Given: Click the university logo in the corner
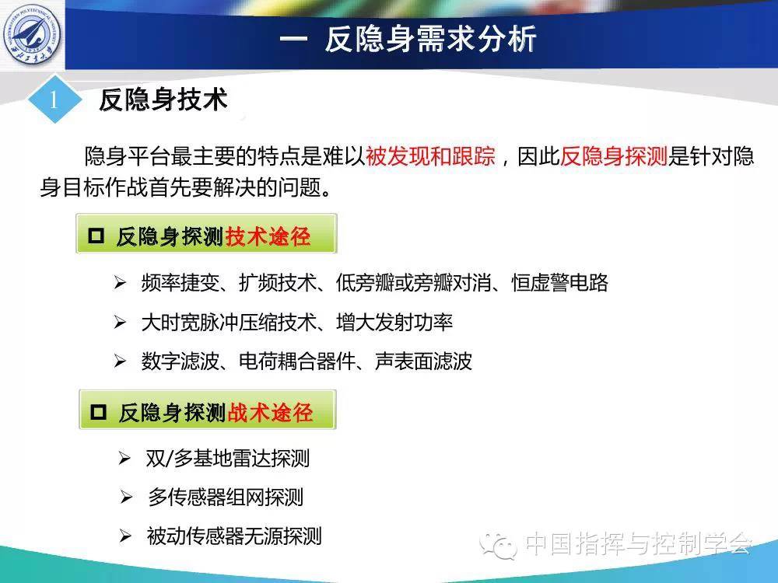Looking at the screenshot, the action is click(32, 34).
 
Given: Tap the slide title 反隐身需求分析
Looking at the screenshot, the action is click(431, 39).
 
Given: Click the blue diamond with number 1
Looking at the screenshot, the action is click(54, 99).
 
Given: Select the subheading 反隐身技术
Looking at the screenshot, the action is click(163, 99).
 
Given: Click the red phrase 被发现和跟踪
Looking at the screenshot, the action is click(430, 156).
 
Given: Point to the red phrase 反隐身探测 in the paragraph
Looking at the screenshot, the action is click(614, 156).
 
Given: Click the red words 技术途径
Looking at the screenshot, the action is click(268, 236).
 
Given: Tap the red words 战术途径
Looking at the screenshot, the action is click(271, 413).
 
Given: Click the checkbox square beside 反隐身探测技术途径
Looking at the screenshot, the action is click(96, 236).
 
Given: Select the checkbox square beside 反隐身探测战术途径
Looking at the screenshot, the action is click(98, 411).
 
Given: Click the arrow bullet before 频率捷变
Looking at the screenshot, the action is click(120, 283).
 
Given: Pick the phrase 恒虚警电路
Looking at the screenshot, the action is click(559, 283).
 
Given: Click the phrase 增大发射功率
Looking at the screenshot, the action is click(394, 323).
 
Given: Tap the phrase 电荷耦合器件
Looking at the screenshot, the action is click(297, 361).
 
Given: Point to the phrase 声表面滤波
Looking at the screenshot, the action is click(423, 361).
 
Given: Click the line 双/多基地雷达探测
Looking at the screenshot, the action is click(228, 458).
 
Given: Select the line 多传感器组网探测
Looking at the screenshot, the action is click(226, 497).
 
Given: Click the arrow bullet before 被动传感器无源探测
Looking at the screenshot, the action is click(125, 536).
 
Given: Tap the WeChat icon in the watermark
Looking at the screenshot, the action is click(498, 544).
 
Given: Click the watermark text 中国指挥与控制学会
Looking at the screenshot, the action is click(638, 544).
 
